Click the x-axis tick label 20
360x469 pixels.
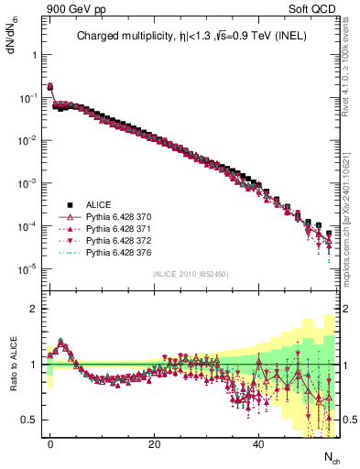[x=155, y=444]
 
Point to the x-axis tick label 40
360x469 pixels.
[x=259, y=444]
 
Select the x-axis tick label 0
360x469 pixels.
[x=50, y=444]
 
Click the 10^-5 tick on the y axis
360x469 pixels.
[x=27, y=269]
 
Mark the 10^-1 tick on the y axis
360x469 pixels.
[x=27, y=97]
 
